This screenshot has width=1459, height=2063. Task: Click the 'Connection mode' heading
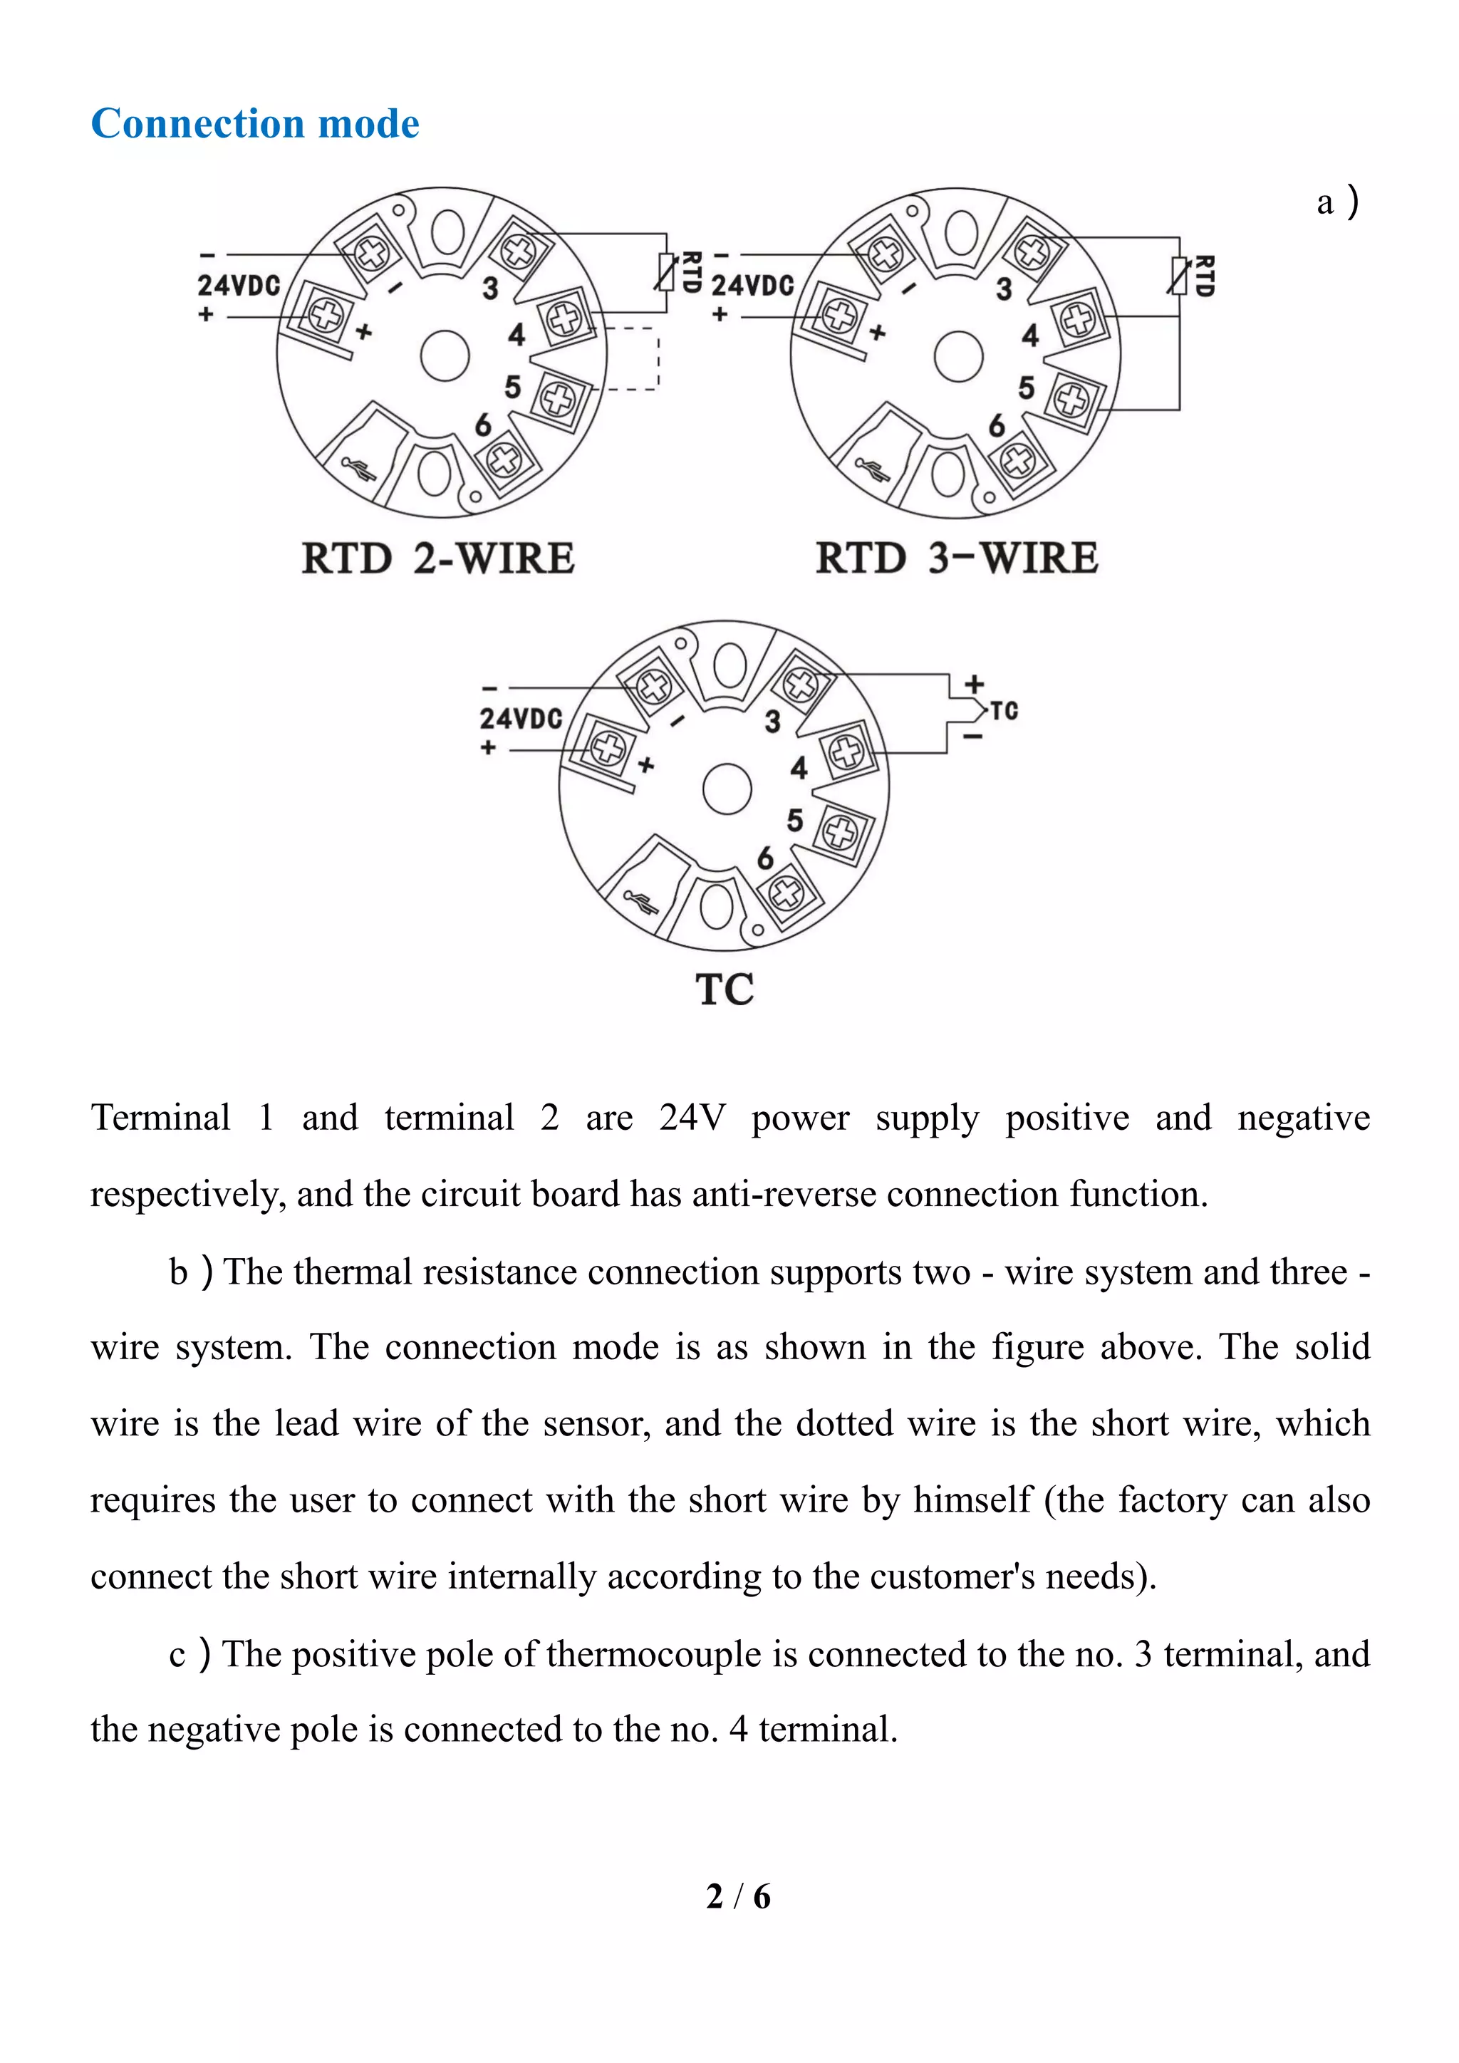point(255,124)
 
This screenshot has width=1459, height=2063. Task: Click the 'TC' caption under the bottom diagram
point(724,990)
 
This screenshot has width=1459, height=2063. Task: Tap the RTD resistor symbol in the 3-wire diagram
point(1180,276)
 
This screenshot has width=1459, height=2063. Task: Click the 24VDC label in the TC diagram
point(520,719)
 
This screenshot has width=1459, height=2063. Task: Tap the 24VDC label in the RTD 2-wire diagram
point(239,286)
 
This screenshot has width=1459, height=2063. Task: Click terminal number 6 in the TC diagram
point(764,859)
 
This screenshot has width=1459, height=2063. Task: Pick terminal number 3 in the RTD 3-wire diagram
point(1004,289)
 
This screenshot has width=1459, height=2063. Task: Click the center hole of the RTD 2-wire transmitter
point(445,355)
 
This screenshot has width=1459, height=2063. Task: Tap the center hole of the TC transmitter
point(727,788)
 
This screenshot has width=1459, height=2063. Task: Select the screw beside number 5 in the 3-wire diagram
point(1071,398)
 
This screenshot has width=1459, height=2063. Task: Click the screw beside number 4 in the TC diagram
point(846,751)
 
